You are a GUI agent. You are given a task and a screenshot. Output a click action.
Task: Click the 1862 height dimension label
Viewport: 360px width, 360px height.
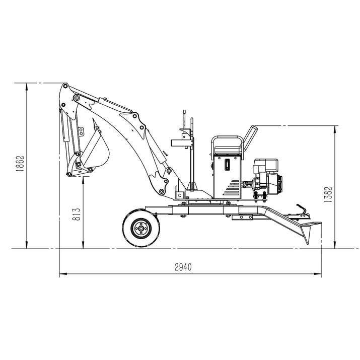tap(20, 164)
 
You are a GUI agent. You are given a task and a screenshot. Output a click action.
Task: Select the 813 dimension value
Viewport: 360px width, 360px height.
tap(77, 214)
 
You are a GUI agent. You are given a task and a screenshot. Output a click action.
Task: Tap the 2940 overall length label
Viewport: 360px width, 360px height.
tap(183, 267)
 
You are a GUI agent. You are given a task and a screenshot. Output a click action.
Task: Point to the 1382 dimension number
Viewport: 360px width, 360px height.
tap(328, 194)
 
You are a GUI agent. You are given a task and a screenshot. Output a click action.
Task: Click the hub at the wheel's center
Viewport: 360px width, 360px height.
tap(141, 229)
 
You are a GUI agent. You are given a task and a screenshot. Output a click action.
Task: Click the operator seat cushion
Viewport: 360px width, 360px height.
tap(228, 151)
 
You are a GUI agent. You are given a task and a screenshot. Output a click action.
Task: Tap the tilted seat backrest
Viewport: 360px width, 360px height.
tap(250, 138)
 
